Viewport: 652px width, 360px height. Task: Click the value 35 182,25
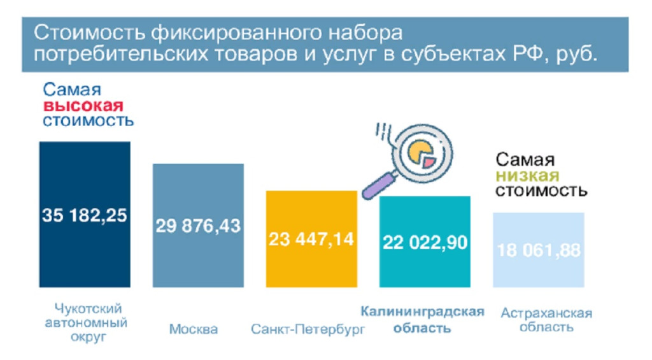pyautogui.click(x=85, y=215)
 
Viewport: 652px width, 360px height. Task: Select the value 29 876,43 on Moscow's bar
pyautogui.click(x=198, y=226)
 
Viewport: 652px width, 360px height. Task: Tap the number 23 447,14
pyautogui.click(x=311, y=240)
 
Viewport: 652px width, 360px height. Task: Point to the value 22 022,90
pyautogui.click(x=425, y=242)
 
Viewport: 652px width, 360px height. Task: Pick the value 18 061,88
pyautogui.click(x=539, y=250)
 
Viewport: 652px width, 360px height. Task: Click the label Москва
pyautogui.click(x=194, y=329)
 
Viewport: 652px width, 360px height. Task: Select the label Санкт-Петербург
pyautogui.click(x=308, y=329)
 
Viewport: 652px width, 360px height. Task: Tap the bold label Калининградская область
pyautogui.click(x=422, y=320)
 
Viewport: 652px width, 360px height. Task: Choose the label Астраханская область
pyautogui.click(x=546, y=320)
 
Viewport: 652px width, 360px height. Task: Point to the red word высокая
pyautogui.click(x=83, y=106)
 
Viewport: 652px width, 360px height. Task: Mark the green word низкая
pyautogui.click(x=527, y=176)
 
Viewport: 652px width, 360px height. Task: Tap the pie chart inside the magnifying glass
pyautogui.click(x=421, y=154)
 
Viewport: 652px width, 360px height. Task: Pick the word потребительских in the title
pyautogui.click(x=120, y=55)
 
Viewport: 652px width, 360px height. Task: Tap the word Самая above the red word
pyautogui.click(x=72, y=89)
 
